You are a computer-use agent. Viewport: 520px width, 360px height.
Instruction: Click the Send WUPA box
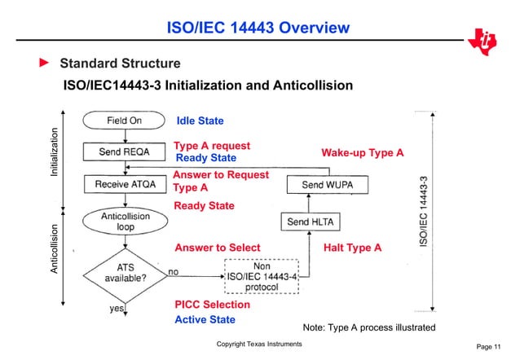(324, 185)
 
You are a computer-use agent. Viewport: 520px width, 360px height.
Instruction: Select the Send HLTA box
(311, 221)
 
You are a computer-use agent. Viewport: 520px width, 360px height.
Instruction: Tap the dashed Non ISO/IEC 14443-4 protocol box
(262, 276)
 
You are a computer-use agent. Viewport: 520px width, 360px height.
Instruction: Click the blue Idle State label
(200, 121)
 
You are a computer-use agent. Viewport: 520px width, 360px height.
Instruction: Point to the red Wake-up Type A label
(363, 152)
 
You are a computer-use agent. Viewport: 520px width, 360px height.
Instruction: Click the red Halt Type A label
(352, 248)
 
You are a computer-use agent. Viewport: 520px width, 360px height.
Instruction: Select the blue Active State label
(205, 320)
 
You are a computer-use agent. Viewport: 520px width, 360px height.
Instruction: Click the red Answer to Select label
(218, 248)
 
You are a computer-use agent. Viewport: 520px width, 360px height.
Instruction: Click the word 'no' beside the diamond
(174, 272)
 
